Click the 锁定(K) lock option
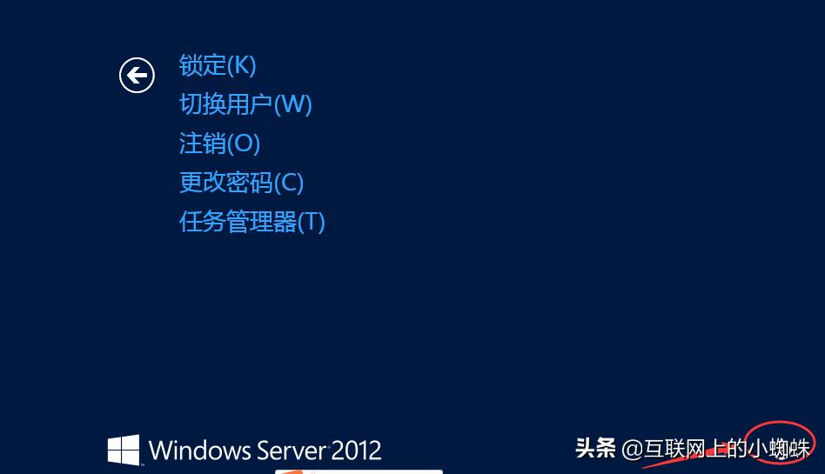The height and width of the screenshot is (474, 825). coord(217,65)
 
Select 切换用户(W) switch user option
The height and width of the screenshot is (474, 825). coord(245,104)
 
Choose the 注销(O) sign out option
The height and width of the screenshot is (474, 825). coord(219,144)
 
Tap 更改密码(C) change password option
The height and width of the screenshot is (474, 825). coord(241,183)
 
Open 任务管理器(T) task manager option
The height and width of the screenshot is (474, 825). coord(252,222)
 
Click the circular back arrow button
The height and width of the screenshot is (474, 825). coord(137,76)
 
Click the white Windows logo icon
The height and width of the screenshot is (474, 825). coord(124,450)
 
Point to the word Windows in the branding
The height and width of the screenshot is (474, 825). coord(199,450)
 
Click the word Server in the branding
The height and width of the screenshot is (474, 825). coord(292,450)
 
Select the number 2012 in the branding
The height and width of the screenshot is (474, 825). coord(357,450)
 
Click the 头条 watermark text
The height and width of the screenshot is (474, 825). coord(595,448)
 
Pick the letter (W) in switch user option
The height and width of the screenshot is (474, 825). coord(293,104)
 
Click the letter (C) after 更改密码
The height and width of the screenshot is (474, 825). coord(289,183)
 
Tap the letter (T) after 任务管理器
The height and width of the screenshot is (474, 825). coord(311,222)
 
